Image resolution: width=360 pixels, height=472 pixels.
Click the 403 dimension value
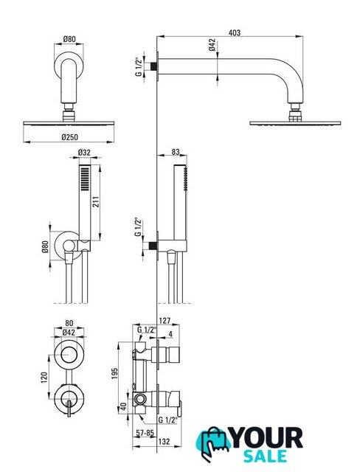pos(235,32)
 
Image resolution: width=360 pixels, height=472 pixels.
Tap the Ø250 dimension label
pos(69,137)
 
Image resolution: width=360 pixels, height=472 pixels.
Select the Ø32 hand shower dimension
pos(84,153)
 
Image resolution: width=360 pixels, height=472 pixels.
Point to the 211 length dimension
pos(96,201)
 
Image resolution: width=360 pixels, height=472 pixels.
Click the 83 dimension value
pos(176,152)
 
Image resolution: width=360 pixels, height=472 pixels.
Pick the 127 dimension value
pos(165,321)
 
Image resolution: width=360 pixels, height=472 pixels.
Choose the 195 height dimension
pos(115,373)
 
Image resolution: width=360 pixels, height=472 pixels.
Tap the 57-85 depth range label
pos(145,433)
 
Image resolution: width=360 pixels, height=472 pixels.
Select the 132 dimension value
pos(164,441)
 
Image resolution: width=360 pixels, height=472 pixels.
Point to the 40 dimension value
pos(123,406)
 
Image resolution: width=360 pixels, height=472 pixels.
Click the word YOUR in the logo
pos(266,438)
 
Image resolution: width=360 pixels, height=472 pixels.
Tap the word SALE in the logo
pos(265,456)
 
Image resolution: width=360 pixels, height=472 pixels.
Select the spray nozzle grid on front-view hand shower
pos(85,178)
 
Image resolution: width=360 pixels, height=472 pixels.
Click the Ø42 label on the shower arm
pos(212,44)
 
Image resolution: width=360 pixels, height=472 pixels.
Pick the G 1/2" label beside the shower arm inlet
pos(138,66)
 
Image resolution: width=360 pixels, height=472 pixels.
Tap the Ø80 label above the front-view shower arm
pos(69,39)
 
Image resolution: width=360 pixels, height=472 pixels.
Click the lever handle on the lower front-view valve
pos(69,409)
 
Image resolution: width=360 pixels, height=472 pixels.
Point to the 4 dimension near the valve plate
pos(170,333)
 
